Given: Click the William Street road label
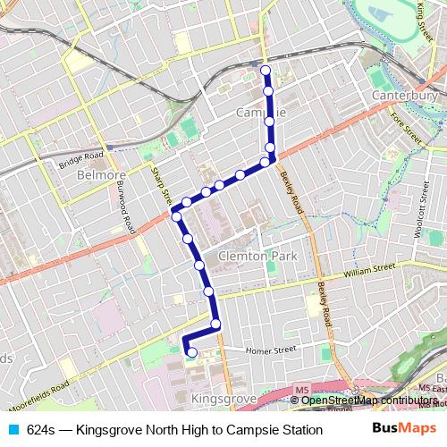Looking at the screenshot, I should pos(368,267).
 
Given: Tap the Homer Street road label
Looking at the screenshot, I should pos(271,350).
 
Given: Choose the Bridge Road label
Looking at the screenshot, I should pos(83,162).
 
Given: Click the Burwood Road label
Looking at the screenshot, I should pos(122,206).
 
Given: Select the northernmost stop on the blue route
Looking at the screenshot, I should pos(266,70).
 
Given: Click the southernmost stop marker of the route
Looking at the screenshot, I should pos(191,352).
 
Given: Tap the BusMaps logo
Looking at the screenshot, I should pos(399,429).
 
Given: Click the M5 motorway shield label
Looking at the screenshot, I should pos(302,390).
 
